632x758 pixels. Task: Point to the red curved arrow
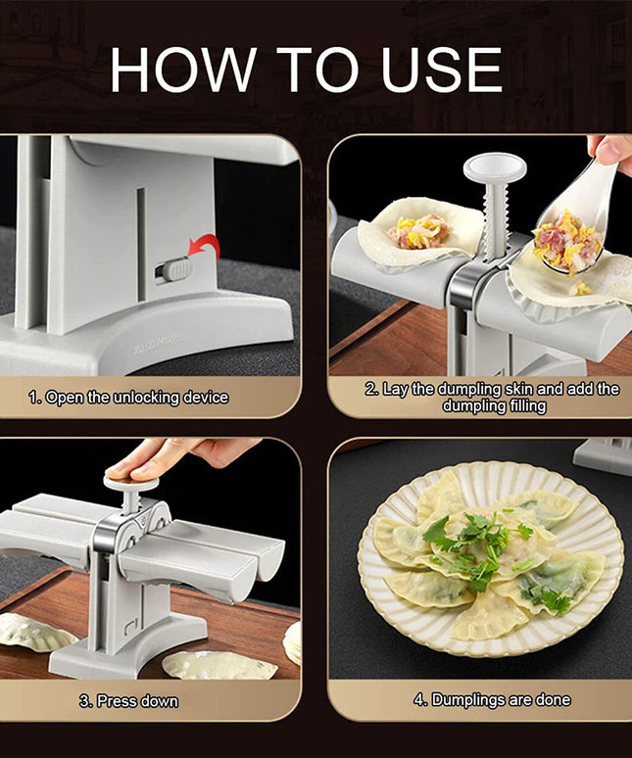point(205,251)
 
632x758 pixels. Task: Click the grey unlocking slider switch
point(174,268)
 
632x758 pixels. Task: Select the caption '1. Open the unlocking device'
point(128,398)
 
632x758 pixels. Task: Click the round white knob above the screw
point(495,168)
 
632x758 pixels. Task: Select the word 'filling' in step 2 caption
point(523,405)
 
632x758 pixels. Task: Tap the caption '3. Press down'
point(128,701)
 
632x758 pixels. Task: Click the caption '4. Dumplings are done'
point(487,700)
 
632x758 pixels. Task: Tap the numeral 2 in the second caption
point(371,389)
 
